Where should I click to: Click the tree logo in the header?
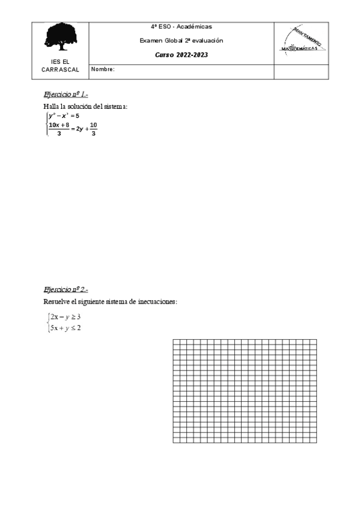click(61, 37)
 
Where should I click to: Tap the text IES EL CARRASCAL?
click(60, 66)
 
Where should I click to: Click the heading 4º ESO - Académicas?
click(181, 27)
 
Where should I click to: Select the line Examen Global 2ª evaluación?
click(181, 40)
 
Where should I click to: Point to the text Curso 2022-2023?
click(181, 55)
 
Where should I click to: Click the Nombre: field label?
click(103, 70)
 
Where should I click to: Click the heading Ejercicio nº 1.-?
click(66, 95)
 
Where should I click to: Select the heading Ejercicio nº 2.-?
click(66, 289)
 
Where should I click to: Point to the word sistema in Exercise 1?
click(115, 106)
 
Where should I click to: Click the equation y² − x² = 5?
click(64, 115)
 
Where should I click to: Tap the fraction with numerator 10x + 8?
click(59, 129)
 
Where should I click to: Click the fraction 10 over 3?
click(93, 129)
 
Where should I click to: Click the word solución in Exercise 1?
click(79, 106)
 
